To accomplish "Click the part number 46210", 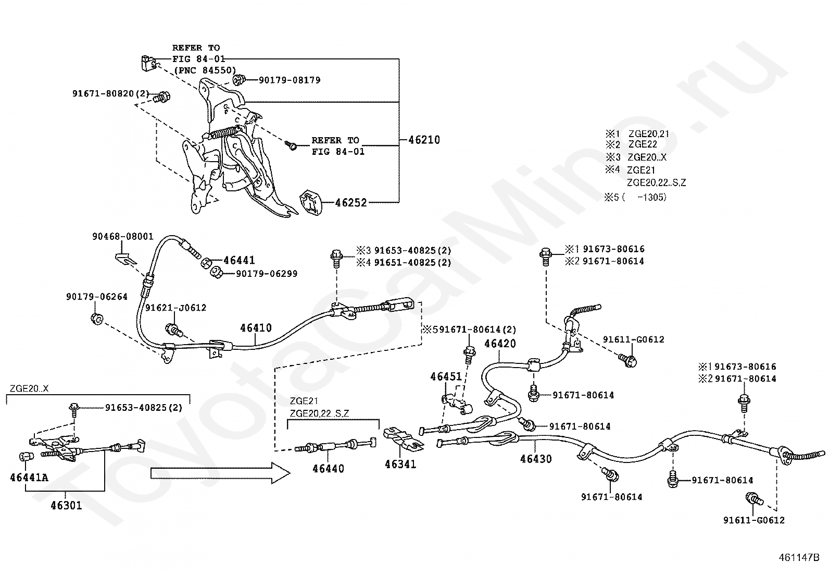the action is point(424,140).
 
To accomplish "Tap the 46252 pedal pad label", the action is point(351,203).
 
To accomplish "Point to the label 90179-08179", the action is point(290,80).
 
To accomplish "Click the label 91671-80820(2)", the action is point(110,93).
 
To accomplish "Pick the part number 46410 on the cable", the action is point(256,328).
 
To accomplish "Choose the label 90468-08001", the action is point(122,237).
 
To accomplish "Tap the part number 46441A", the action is point(29,478).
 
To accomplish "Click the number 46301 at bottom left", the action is point(66,505).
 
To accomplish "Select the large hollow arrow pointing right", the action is point(221,473).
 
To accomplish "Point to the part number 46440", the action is point(328,469).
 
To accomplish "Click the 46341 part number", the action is point(400,464).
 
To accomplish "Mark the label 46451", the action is point(446,376).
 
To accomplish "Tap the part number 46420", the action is point(500,344).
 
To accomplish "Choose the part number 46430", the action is point(536,459).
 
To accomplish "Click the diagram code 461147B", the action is point(799,557).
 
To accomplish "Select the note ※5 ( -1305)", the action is point(635,197).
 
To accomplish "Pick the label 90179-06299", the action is point(267,274).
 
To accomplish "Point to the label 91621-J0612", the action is point(175,308).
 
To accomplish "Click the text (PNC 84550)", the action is point(204,70).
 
